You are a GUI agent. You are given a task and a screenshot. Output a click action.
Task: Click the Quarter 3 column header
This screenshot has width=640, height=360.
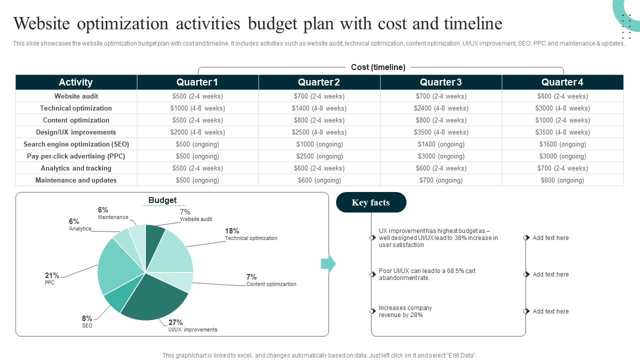pyautogui.click(x=440, y=82)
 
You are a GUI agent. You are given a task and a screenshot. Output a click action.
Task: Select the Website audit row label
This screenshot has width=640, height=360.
pyautogui.click(x=76, y=96)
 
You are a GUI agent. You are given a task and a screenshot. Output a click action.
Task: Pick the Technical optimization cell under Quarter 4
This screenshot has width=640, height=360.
pyautogui.click(x=562, y=108)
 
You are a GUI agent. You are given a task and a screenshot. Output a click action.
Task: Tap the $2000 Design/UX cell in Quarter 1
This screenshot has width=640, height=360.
pyautogui.click(x=197, y=132)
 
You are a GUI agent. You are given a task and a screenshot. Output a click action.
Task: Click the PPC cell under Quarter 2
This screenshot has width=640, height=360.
pyautogui.click(x=319, y=156)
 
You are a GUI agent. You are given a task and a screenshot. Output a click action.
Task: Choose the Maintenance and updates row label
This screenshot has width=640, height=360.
pyautogui.click(x=76, y=180)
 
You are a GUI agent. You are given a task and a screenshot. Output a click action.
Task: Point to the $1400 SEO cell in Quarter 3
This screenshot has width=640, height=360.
pyautogui.click(x=440, y=144)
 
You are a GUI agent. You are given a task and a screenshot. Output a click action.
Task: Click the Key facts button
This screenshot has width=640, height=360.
pyautogui.click(x=370, y=202)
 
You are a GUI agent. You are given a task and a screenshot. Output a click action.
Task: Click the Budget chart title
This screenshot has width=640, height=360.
pyautogui.click(x=162, y=200)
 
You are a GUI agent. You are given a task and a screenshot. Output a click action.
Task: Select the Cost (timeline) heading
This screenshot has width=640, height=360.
pyautogui.click(x=378, y=67)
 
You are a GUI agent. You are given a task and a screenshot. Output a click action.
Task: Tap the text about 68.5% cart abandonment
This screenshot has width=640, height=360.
pyautogui.click(x=427, y=274)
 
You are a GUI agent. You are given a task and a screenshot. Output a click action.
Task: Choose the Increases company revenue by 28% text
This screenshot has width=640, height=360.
pyautogui.click(x=405, y=311)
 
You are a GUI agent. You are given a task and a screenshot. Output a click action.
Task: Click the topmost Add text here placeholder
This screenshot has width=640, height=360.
pyautogui.click(x=550, y=238)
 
